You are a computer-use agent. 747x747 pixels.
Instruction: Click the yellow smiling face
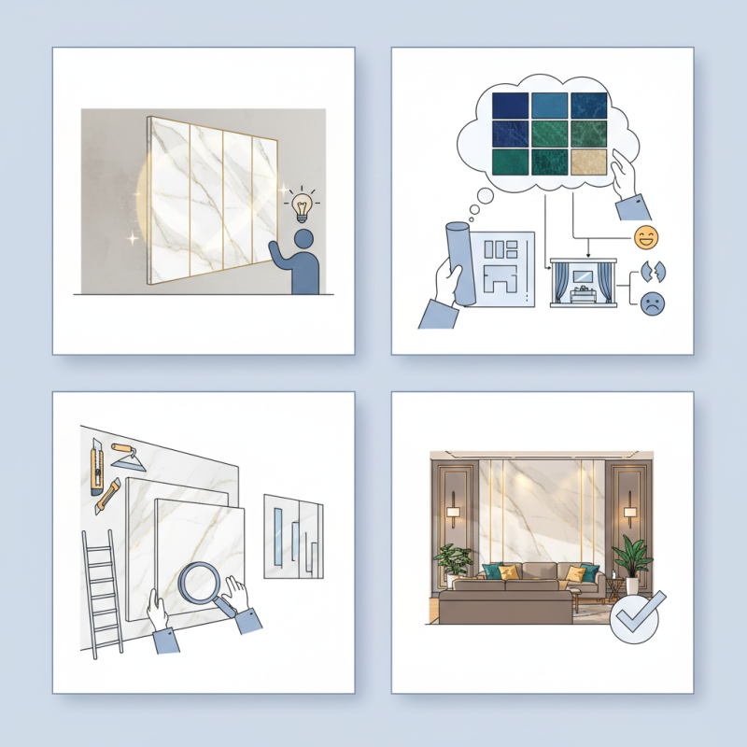645,237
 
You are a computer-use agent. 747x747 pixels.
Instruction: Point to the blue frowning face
651,303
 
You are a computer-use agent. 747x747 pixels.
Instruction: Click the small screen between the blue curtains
583,277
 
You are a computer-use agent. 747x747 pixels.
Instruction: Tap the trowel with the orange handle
123,455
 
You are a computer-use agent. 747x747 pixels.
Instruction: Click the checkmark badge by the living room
635,617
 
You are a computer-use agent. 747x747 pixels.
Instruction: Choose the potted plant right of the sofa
631,561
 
